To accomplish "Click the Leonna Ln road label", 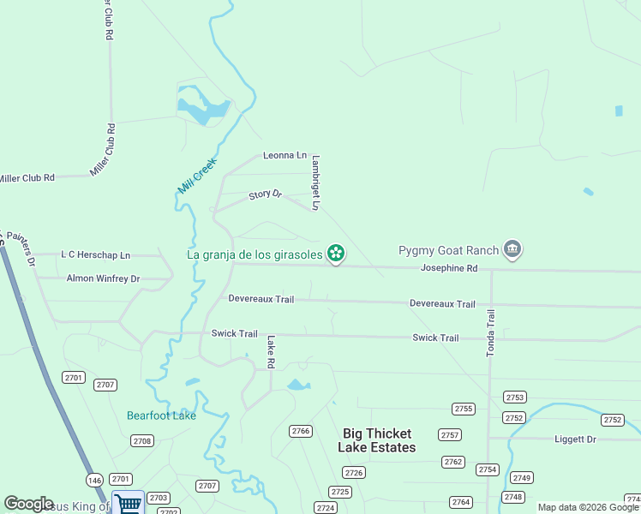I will coord(285,155).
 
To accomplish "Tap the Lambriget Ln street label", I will coord(315,182).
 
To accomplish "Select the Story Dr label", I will coord(265,195).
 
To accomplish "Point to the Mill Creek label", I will coord(198,176).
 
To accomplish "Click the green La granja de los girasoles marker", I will coord(336,253).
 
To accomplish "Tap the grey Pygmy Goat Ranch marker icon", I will coord(512,250).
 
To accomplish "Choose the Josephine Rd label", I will coord(448,268).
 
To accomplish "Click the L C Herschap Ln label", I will coord(95,255).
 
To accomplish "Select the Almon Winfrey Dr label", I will coord(103,278).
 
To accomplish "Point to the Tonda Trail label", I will coord(491,333).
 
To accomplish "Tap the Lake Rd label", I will coord(270,352).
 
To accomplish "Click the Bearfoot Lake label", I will coord(161,415).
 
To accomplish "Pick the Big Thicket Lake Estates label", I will coord(377,440).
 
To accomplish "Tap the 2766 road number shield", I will coord(300,431).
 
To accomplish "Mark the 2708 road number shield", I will coord(142,440).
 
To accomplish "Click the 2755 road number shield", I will coord(464,409).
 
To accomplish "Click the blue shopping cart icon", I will coord(128,503).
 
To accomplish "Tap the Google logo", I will coord(28,504).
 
